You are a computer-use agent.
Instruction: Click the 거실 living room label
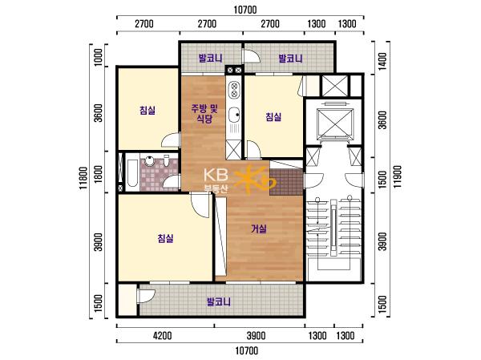pos(259,229)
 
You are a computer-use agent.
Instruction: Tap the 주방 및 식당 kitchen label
pos(204,114)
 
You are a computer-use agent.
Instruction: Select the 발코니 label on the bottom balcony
pos(219,301)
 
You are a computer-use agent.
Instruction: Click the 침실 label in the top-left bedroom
pos(148,110)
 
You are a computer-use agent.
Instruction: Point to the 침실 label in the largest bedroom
pos(166,238)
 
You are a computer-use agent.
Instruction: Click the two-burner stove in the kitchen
pos(234,89)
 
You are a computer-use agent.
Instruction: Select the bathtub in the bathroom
pos(132,172)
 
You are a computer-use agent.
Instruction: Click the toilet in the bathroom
pos(167,160)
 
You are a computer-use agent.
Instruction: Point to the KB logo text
pos(216,175)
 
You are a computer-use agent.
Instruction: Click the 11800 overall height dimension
pos(83,178)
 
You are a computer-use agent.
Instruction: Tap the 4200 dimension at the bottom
pos(162,335)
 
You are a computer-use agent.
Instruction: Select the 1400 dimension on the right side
pos(382,61)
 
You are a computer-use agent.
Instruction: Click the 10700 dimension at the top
pos(245,10)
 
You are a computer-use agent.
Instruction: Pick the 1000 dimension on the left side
pos(98,57)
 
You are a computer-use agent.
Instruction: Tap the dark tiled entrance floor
pos(286,182)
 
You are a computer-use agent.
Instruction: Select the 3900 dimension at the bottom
pos(257,335)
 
